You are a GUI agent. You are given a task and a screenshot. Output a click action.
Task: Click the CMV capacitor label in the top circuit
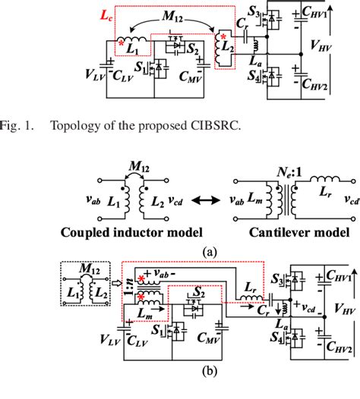click(x=189, y=77)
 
